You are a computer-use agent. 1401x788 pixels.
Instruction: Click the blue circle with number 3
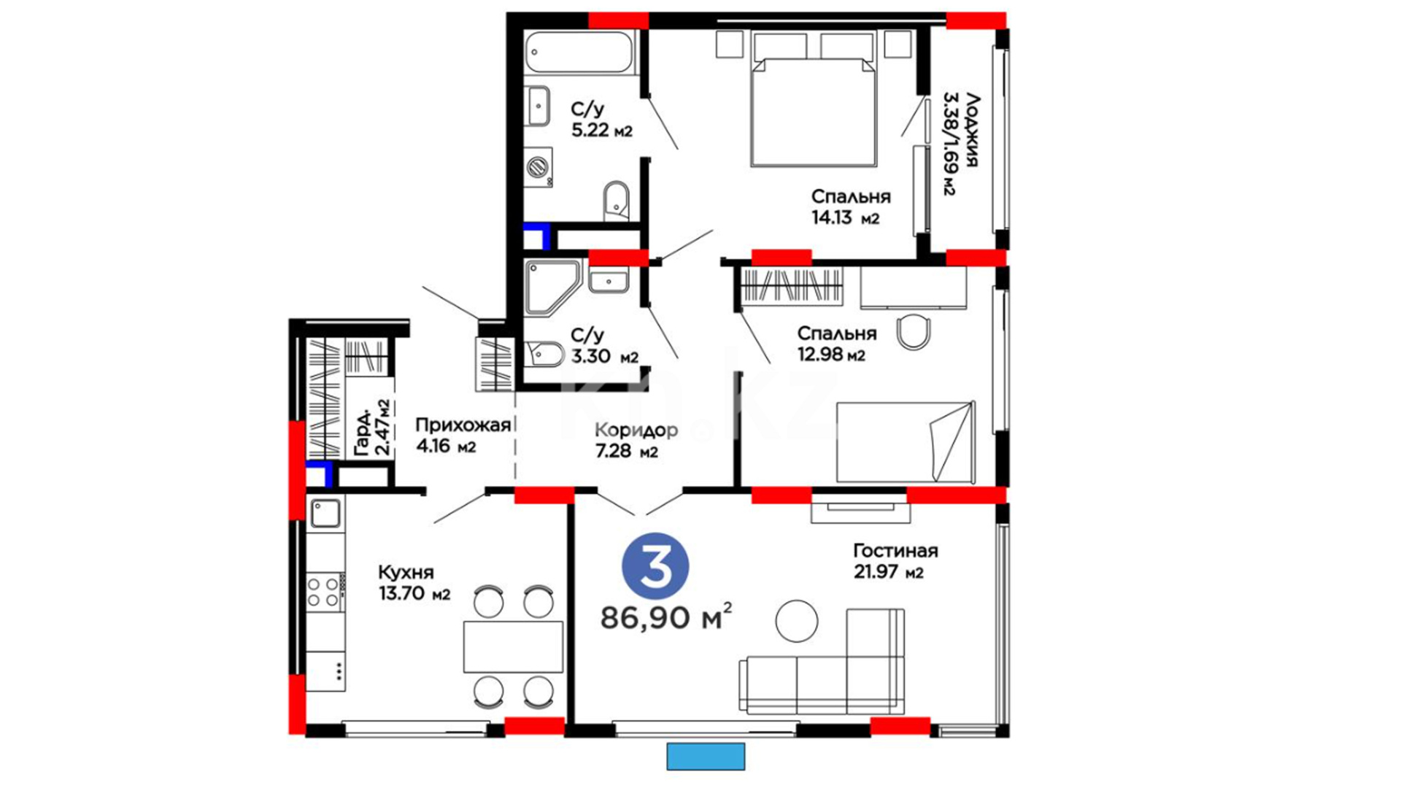[x=655, y=566]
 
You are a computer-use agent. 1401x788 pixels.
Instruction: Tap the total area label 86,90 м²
[x=665, y=617]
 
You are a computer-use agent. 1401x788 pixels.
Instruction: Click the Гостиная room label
[x=895, y=551]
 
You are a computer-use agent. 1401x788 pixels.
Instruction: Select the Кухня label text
[x=406, y=572]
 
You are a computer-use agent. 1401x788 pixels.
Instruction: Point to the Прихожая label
[x=463, y=425]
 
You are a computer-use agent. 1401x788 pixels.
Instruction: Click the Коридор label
[x=636, y=430]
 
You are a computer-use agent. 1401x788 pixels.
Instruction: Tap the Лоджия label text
[x=971, y=130]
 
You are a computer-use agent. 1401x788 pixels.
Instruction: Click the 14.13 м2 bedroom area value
[x=845, y=217]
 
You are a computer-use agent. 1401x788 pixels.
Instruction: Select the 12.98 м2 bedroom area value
[x=831, y=355]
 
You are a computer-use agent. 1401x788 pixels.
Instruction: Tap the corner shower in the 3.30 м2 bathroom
[x=552, y=287]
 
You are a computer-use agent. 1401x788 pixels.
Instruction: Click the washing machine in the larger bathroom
[x=539, y=167]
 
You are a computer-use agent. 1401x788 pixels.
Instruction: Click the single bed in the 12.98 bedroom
[x=906, y=441]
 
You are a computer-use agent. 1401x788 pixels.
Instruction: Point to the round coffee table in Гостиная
[x=796, y=621]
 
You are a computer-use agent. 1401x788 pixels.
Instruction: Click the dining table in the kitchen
[x=513, y=646]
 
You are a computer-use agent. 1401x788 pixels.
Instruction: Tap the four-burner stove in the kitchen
[x=325, y=592]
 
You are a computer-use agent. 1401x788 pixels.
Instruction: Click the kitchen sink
[x=325, y=514]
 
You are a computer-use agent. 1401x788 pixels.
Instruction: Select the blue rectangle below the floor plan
[x=706, y=757]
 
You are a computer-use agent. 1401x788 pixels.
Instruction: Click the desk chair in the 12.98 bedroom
[x=913, y=332]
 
